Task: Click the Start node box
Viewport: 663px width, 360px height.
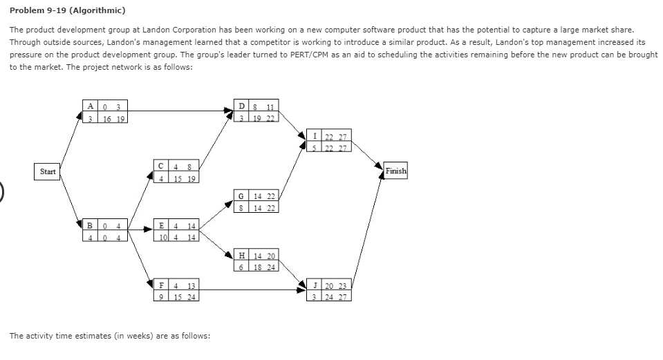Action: pyautogui.click(x=48, y=171)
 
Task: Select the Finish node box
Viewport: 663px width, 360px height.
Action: pyautogui.click(x=396, y=171)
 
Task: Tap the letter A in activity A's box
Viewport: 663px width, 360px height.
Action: pyautogui.click(x=91, y=106)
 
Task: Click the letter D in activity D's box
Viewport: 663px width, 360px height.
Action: pyautogui.click(x=240, y=106)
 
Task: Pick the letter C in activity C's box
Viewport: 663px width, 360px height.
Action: pyautogui.click(x=160, y=166)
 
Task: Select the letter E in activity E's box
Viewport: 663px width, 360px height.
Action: pyautogui.click(x=161, y=226)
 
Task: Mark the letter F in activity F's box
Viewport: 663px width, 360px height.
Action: pyautogui.click(x=161, y=285)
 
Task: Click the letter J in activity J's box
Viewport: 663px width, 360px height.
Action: pyautogui.click(x=315, y=285)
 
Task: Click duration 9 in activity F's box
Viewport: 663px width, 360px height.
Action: pyautogui.click(x=161, y=297)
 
